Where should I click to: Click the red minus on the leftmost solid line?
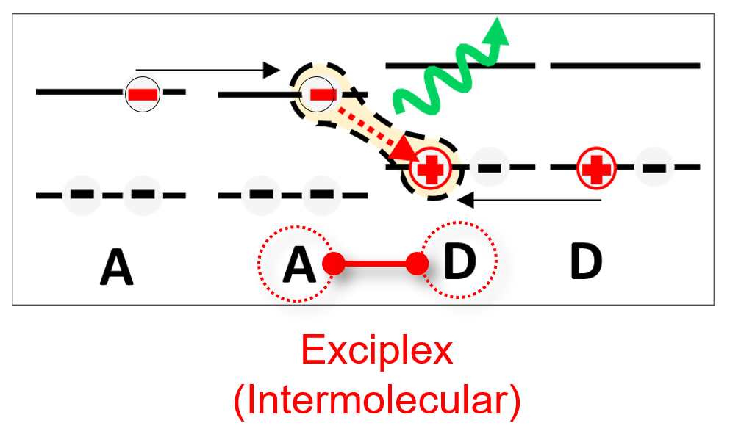pyautogui.click(x=141, y=94)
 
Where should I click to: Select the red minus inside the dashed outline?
pyautogui.click(x=323, y=94)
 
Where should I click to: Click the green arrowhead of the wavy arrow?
pyautogui.click(x=500, y=29)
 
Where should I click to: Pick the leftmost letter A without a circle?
pyautogui.click(x=118, y=267)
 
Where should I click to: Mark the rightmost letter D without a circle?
pyautogui.click(x=586, y=261)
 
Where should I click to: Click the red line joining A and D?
pyautogui.click(x=376, y=264)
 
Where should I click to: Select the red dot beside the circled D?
pyautogui.click(x=418, y=264)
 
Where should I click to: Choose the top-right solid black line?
pyautogui.click(x=625, y=66)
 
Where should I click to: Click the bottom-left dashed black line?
pyautogui.click(x=110, y=195)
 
